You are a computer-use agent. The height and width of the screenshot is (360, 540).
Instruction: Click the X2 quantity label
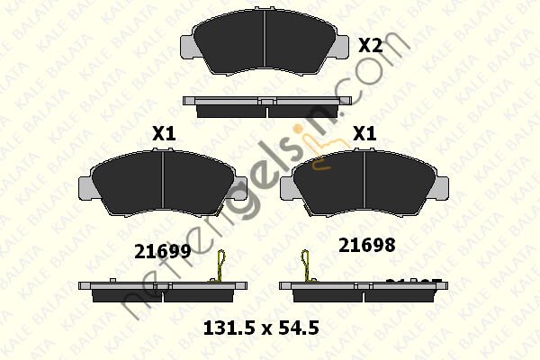point(370,45)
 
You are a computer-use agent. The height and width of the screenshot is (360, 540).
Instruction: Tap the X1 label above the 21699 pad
point(163,133)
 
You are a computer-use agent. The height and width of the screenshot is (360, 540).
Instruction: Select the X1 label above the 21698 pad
point(364,133)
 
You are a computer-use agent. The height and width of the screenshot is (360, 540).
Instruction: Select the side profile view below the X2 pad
point(265,106)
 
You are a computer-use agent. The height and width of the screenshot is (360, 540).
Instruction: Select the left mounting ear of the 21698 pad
point(288,184)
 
